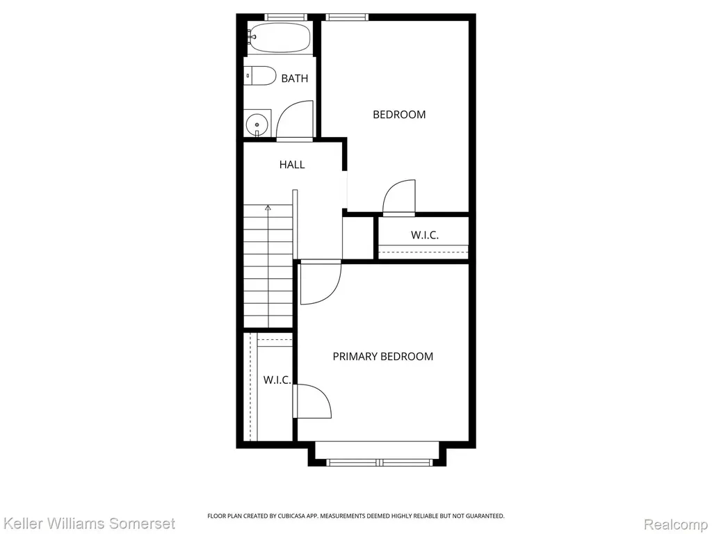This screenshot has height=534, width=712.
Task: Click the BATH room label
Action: tap(295, 79)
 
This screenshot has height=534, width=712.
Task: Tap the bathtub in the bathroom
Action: tap(280, 38)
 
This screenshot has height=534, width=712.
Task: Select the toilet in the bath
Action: tap(260, 76)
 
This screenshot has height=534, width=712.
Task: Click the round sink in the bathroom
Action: tap(257, 124)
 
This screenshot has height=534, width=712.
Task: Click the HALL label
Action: tap(292, 164)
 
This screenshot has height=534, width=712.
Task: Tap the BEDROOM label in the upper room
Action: tap(399, 115)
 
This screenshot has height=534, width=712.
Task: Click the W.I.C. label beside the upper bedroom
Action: tap(425, 235)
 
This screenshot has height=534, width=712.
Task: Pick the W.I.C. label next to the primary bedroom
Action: tap(277, 380)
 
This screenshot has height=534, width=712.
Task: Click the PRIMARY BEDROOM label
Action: tap(383, 357)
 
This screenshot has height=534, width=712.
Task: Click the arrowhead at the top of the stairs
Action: tap(268, 207)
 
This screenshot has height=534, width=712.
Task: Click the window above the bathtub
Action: tap(286, 17)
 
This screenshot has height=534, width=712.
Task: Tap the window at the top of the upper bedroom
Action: tap(347, 17)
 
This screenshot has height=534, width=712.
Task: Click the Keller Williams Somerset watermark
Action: tap(88, 524)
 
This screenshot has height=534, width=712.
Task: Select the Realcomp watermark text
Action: tap(675, 524)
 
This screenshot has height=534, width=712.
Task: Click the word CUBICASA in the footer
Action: tap(295, 516)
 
